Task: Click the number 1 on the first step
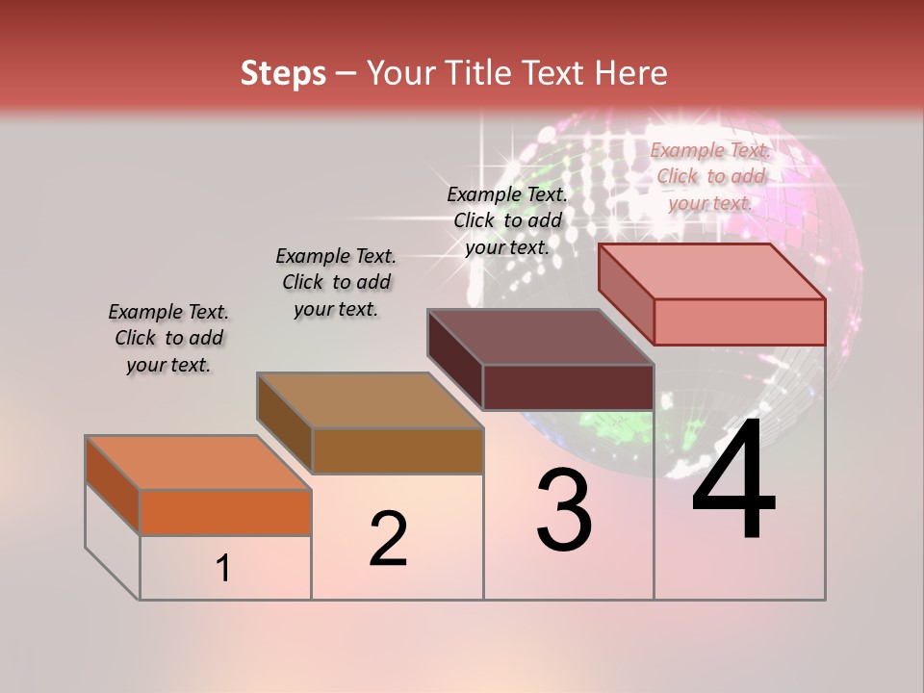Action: point(223,568)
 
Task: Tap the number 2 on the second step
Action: point(388,539)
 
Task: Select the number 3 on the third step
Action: point(563,509)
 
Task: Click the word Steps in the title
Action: point(283,73)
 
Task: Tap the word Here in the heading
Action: point(630,73)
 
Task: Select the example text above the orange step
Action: point(168,338)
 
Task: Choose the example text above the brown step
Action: point(336,282)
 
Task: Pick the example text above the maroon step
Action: point(507,220)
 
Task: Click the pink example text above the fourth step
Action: point(710,176)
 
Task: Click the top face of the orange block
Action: point(197,462)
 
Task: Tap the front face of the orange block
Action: point(225,512)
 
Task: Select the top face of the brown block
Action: point(369,399)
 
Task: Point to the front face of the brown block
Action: point(397,450)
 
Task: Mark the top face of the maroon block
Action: point(540,337)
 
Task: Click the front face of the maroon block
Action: point(568,387)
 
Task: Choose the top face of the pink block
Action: point(711,271)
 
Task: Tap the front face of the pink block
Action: point(739,321)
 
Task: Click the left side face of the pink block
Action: point(626,294)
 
